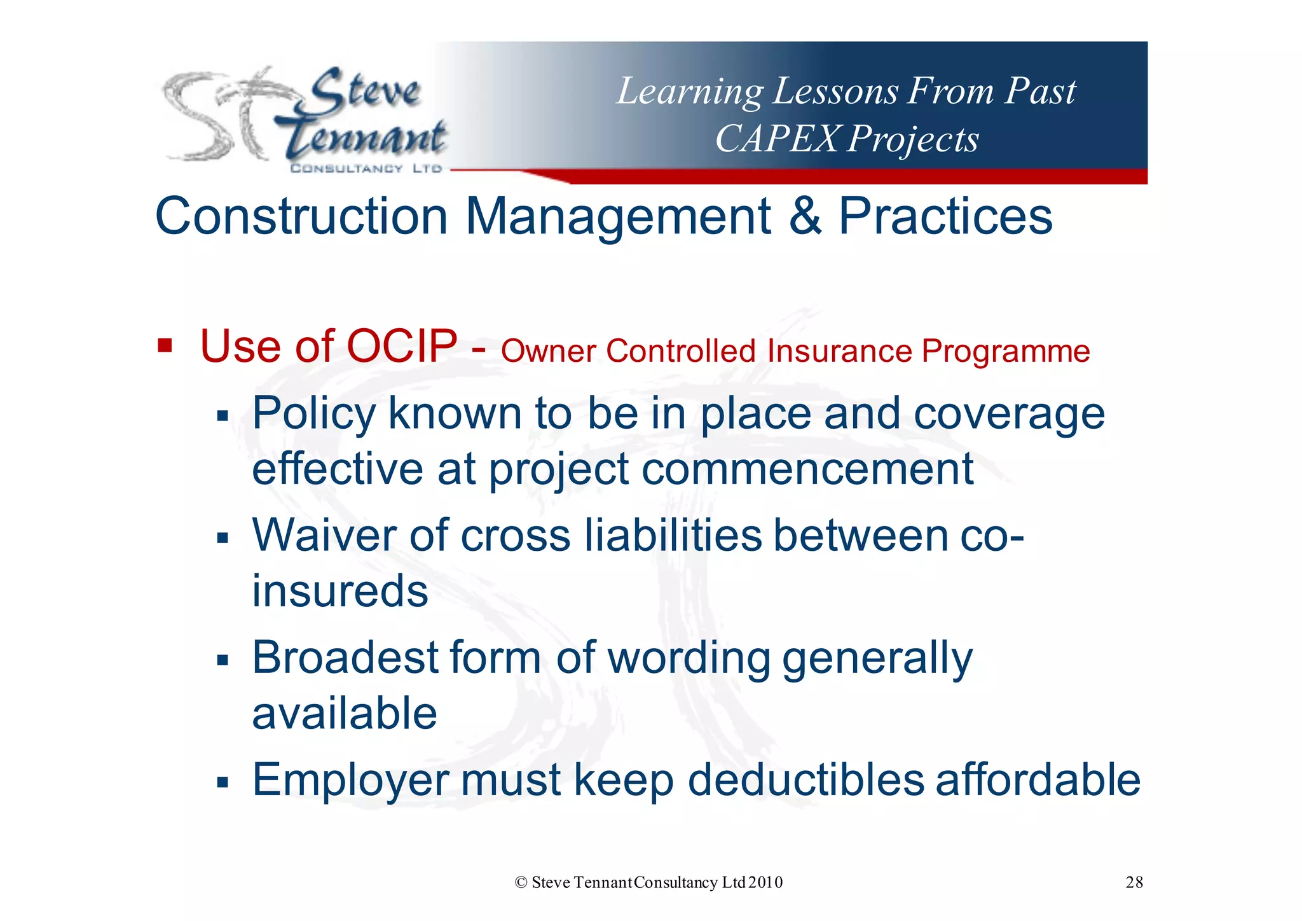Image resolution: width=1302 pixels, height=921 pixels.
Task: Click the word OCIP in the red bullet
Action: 401,347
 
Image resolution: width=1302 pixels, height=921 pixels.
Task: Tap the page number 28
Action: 1134,882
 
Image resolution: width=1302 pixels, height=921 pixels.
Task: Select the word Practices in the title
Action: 945,216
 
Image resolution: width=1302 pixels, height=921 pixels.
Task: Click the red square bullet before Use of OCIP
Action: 165,347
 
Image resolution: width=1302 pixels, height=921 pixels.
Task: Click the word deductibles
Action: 805,780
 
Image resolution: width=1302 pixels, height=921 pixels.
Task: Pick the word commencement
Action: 807,469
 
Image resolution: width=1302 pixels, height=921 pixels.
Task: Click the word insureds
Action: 340,591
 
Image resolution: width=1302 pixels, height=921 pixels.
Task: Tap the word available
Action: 345,713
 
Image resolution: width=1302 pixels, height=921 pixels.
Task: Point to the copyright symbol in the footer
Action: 521,882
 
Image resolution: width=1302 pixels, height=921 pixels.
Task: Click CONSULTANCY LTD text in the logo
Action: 366,169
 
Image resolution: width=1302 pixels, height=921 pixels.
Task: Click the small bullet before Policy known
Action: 222,417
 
